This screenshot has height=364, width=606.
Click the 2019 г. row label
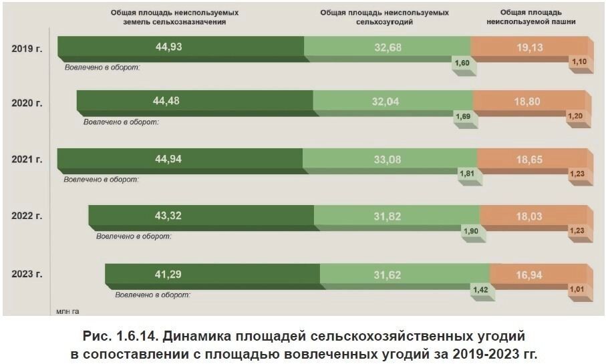(x=27, y=48)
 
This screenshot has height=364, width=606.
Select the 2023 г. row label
(x=27, y=275)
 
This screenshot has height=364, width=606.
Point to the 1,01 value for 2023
(x=577, y=289)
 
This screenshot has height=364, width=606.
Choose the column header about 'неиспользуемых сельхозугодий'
(x=384, y=17)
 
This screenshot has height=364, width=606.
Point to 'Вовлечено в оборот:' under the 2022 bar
(x=134, y=236)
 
